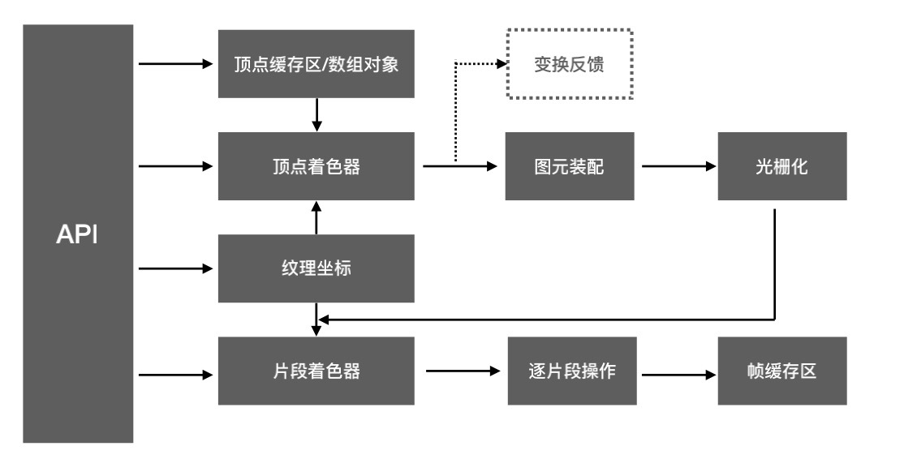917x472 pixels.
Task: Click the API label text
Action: [76, 234]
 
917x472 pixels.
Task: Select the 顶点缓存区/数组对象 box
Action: [316, 64]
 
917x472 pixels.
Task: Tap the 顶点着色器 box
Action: [316, 166]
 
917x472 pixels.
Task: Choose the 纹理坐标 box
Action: [316, 268]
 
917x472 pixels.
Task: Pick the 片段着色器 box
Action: [316, 371]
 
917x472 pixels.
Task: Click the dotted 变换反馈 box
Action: [570, 64]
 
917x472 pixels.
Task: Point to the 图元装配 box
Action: [570, 166]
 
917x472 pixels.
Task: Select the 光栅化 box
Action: [782, 166]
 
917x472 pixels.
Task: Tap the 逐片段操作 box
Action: [572, 371]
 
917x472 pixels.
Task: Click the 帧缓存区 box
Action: [782, 371]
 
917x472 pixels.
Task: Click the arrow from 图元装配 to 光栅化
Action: [679, 166]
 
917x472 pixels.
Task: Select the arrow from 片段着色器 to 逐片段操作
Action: [463, 371]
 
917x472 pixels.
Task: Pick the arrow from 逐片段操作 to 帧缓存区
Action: [679, 375]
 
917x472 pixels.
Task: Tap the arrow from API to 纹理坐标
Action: [176, 268]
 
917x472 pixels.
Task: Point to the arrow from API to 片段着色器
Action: [176, 375]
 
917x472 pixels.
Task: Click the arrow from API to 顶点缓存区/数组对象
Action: [176, 64]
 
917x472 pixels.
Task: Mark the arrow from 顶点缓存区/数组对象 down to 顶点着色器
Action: [316, 115]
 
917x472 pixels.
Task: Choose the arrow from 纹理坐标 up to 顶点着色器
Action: [316, 217]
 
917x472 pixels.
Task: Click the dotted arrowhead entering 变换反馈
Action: [502, 64]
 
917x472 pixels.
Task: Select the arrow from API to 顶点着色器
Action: [176, 166]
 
